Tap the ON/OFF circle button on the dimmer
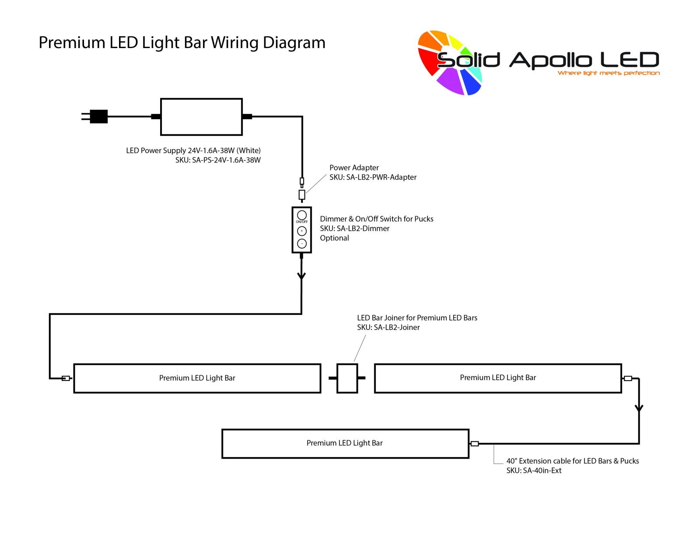(302, 215)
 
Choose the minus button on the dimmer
(302, 243)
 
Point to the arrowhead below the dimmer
(301, 276)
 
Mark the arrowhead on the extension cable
(639, 408)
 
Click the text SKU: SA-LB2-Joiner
(388, 327)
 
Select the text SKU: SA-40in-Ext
(534, 471)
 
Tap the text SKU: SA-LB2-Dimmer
(355, 228)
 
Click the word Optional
(334, 238)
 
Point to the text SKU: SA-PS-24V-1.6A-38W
(218, 160)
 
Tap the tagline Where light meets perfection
(609, 73)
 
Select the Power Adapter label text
(354, 168)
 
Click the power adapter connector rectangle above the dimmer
(302, 194)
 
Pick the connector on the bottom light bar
(475, 444)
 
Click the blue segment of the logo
(471, 82)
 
